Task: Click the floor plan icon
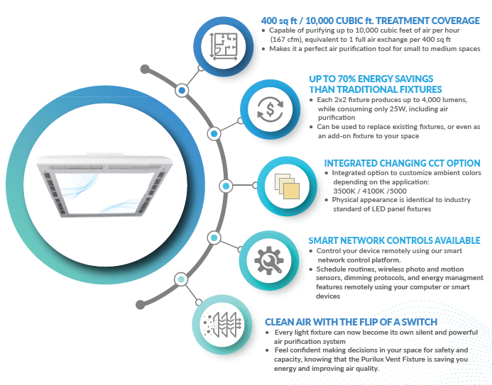tap(224, 46)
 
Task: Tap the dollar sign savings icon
tap(270, 109)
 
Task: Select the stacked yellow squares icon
tap(287, 186)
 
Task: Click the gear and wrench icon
tap(269, 260)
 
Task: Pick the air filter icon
tap(222, 325)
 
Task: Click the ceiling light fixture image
tap(105, 185)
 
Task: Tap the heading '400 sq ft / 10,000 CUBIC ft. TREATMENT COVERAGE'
tap(371, 21)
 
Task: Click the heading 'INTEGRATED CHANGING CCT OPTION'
tap(402, 163)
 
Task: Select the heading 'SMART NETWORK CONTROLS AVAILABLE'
tap(394, 240)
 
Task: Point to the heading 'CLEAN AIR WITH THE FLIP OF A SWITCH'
tap(351, 322)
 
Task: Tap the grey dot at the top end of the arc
tap(145, 69)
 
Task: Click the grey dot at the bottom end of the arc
tap(141, 304)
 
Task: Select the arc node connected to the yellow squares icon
tap(226, 186)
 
